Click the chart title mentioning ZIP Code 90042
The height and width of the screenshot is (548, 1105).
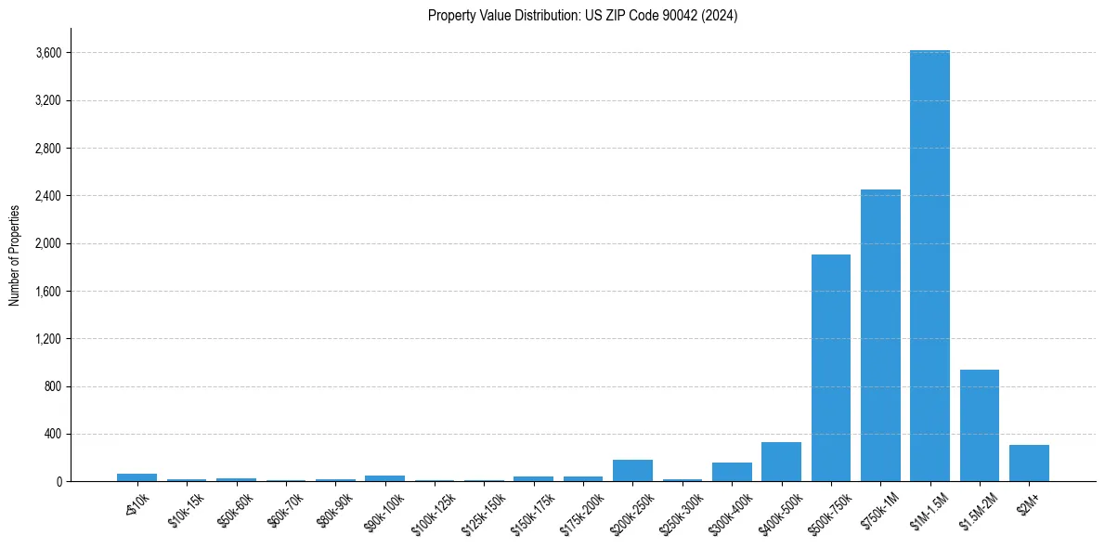(582, 16)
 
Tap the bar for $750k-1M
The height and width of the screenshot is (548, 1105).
(880, 335)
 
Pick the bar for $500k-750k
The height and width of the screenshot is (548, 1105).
(831, 368)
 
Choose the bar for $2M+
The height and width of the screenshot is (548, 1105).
(1029, 463)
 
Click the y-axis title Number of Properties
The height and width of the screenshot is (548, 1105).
(15, 254)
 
